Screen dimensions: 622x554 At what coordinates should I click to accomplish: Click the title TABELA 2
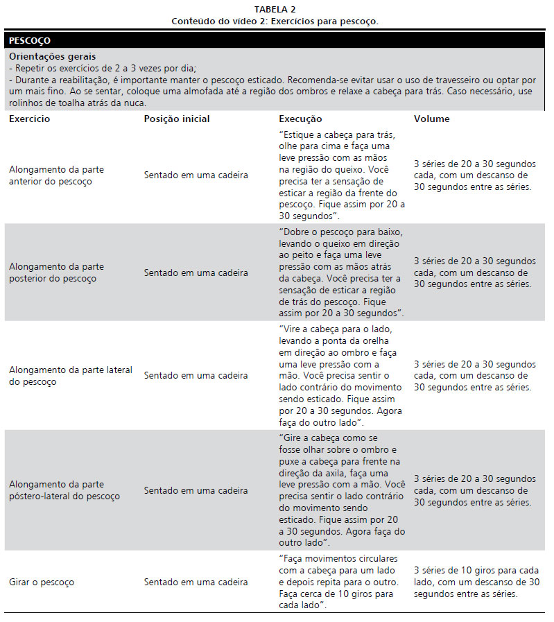[275, 9]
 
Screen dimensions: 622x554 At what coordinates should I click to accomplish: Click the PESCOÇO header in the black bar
[30, 41]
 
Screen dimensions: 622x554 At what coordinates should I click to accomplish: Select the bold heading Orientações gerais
[53, 56]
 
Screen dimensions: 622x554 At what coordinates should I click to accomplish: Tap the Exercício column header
[29, 119]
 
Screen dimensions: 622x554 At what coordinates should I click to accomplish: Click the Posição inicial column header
[177, 119]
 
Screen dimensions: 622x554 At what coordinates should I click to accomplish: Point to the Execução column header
[300, 119]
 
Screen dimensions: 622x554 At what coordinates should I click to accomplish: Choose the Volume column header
[432, 119]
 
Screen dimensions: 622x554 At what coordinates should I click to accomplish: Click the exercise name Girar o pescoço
[42, 582]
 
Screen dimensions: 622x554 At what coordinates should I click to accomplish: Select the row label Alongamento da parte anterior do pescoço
[57, 175]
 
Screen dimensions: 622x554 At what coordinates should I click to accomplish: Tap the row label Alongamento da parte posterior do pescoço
[57, 273]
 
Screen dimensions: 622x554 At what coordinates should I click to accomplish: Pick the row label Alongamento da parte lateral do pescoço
[70, 376]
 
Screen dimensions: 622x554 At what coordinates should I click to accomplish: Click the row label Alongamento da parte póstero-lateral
[64, 490]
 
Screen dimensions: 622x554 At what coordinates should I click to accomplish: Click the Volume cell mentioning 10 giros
[476, 582]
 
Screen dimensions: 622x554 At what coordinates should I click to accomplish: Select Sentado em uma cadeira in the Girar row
[196, 582]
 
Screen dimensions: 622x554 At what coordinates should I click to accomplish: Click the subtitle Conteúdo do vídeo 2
[275, 21]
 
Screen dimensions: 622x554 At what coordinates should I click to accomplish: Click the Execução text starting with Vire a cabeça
[337, 376]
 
